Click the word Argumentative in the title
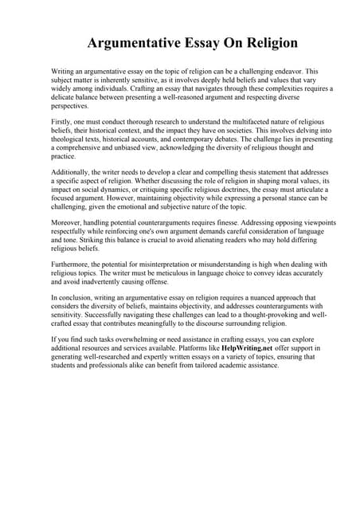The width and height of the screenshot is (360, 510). (x=132, y=42)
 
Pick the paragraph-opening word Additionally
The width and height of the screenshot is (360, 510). (x=72, y=172)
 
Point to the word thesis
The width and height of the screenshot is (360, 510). (x=202, y=172)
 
